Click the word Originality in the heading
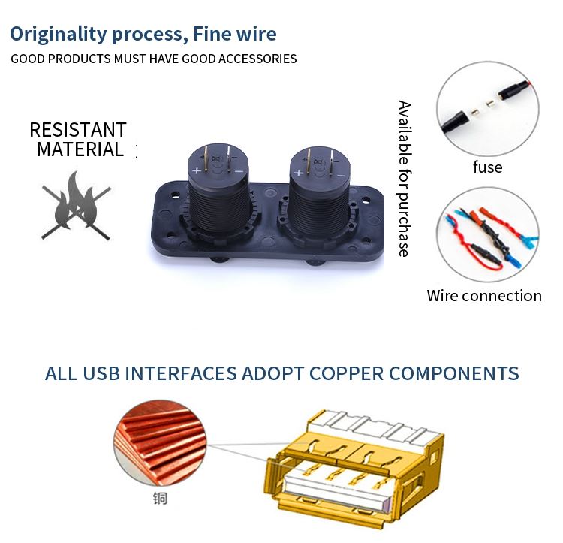click(59, 35)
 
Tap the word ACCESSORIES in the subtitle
click(257, 59)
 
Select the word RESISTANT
click(78, 130)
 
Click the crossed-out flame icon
click(76, 206)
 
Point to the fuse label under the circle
click(488, 167)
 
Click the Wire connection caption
click(484, 296)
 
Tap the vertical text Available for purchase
click(405, 179)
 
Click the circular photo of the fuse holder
click(488, 108)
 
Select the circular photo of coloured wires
click(488, 234)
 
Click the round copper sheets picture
click(160, 444)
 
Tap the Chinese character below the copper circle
click(160, 499)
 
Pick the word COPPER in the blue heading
click(347, 373)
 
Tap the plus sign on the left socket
click(197, 170)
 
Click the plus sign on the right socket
click(299, 173)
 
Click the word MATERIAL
click(80, 149)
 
